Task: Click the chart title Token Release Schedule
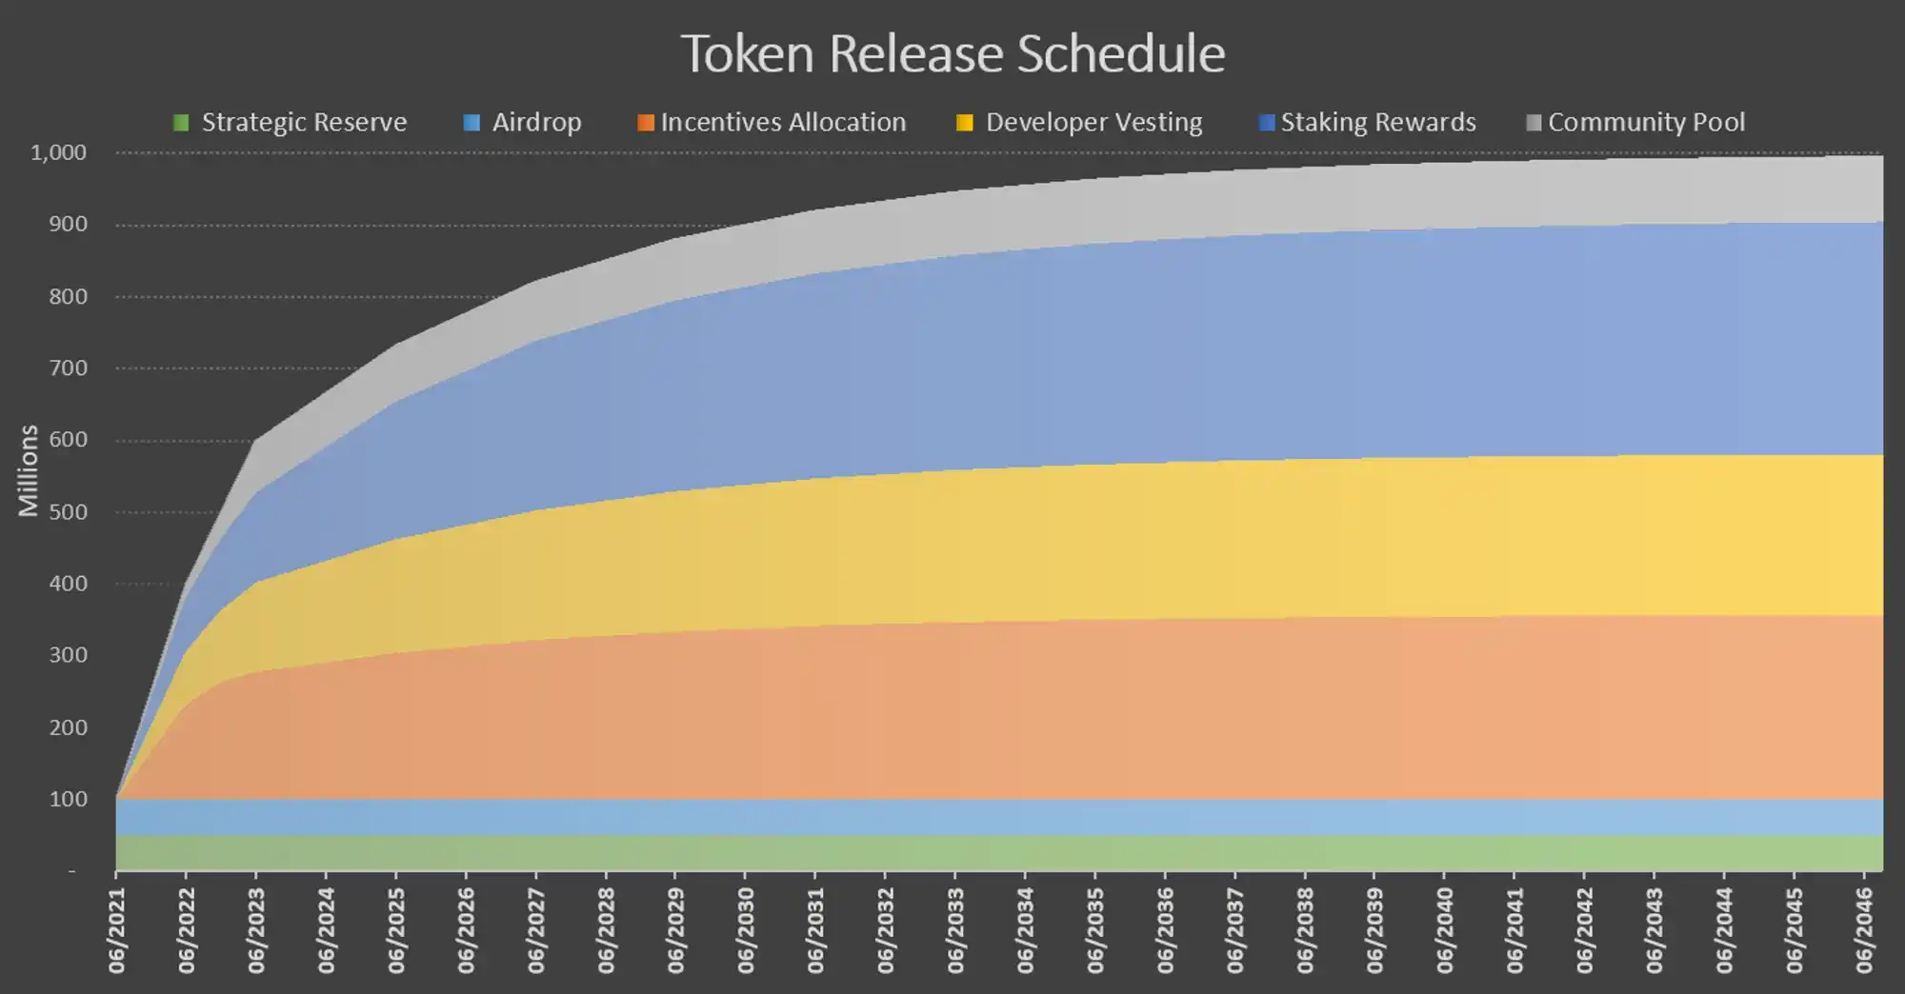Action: point(952,54)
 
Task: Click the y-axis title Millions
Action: point(29,470)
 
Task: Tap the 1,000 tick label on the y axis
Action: point(58,152)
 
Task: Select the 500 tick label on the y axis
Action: point(68,512)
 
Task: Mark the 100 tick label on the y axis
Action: point(68,799)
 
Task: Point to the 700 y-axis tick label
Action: point(68,368)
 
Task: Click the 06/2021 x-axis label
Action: point(117,930)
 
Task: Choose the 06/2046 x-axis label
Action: point(1865,930)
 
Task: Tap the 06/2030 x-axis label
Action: point(746,930)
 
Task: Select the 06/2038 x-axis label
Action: point(1305,930)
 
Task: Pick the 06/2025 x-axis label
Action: point(396,930)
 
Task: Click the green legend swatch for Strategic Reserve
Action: point(181,123)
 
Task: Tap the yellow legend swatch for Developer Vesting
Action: point(965,123)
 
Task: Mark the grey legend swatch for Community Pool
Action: point(1534,123)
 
